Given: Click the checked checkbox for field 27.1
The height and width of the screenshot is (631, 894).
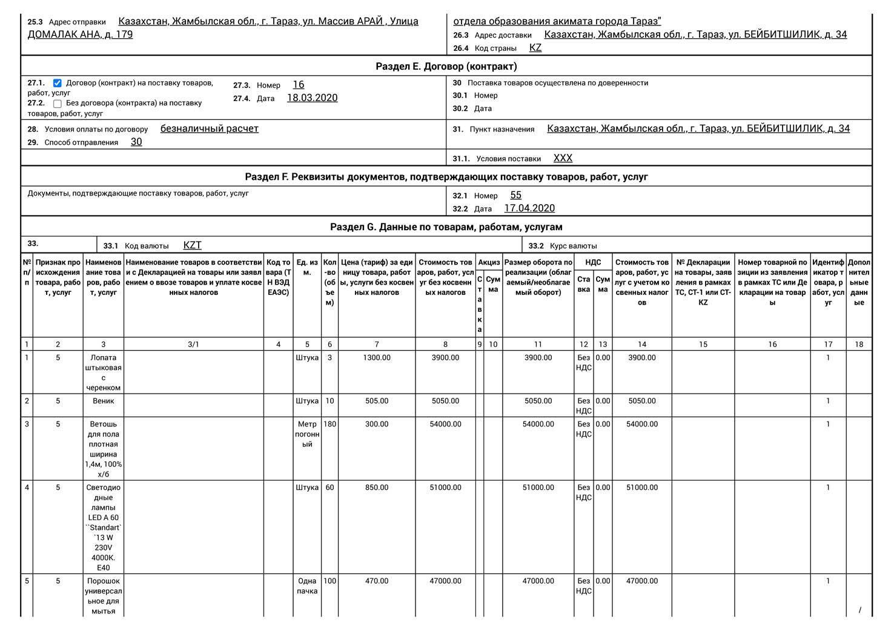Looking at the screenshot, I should (x=58, y=83).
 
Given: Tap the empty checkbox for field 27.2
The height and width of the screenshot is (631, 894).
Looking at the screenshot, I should (x=58, y=104).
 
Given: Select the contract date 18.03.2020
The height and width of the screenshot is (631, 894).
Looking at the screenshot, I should (x=312, y=98).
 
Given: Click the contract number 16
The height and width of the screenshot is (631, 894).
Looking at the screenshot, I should (x=299, y=85).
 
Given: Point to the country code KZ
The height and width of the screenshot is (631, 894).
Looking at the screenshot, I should (x=535, y=48).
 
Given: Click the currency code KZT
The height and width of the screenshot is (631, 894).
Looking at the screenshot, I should (x=192, y=245).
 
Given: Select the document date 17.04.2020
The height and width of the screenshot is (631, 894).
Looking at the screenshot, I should (x=529, y=208).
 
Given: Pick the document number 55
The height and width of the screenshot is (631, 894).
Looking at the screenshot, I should (x=515, y=195).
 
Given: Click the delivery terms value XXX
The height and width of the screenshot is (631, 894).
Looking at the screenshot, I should (x=563, y=158).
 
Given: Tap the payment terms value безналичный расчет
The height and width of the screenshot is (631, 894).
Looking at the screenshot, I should (x=210, y=128).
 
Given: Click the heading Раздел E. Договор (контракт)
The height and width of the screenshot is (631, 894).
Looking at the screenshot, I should (x=446, y=66).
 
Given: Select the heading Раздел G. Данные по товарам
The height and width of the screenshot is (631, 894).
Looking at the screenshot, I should (x=446, y=227).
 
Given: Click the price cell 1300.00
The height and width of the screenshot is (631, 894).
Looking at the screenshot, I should (x=377, y=358).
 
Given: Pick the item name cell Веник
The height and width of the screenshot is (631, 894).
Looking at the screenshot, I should (x=103, y=401).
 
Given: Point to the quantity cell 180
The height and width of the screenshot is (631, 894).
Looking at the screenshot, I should (x=329, y=424).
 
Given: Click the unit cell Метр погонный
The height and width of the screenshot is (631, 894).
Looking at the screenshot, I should (x=307, y=434).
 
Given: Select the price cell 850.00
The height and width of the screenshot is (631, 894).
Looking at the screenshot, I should (x=377, y=487).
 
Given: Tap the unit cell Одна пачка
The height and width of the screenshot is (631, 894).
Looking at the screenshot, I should (x=307, y=586).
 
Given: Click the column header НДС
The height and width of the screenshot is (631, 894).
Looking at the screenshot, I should (x=593, y=262).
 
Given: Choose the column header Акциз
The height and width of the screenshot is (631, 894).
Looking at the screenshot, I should (x=489, y=262).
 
